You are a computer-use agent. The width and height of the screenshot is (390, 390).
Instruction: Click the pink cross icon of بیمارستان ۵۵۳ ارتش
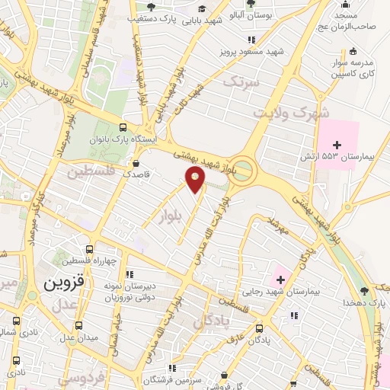pos(337,144)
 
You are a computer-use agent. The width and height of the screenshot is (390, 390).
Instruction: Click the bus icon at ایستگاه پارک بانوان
pos(123,128)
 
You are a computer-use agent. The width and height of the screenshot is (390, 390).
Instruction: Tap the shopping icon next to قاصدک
pos(136,162)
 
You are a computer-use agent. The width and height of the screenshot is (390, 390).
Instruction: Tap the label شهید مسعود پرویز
pos(257,51)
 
